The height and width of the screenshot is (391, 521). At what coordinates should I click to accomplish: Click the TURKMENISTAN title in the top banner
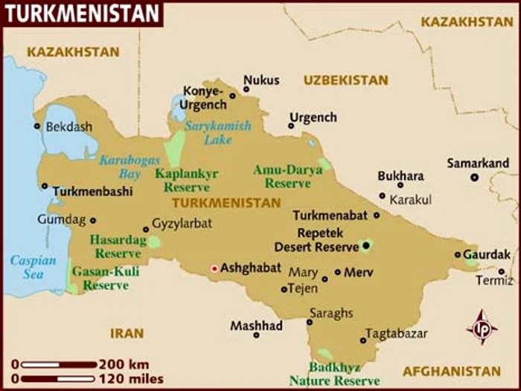pos(82,13)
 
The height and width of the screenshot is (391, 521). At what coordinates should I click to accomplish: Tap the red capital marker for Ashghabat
pos(215,268)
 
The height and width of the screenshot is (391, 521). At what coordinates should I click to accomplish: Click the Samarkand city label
pos(478,163)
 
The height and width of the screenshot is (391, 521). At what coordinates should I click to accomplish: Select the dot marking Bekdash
pos(37,126)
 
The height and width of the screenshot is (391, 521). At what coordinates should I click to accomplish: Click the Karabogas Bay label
pos(119,167)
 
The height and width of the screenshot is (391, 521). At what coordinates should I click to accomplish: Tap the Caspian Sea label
pos(33,268)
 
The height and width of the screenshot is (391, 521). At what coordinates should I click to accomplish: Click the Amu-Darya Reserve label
pos(287,176)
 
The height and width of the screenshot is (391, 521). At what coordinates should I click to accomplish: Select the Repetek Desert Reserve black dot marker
pos(365,245)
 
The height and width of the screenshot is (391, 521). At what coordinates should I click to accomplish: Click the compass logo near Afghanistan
pos(482,327)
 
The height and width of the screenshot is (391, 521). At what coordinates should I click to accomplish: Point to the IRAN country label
pos(127,334)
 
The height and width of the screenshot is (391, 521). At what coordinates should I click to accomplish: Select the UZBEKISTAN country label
pos(345,80)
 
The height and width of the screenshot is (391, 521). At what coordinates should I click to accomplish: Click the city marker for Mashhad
pos(256,335)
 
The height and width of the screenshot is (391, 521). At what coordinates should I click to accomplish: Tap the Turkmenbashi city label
pos(92,191)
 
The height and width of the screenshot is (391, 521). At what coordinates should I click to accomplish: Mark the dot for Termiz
pos(502,272)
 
